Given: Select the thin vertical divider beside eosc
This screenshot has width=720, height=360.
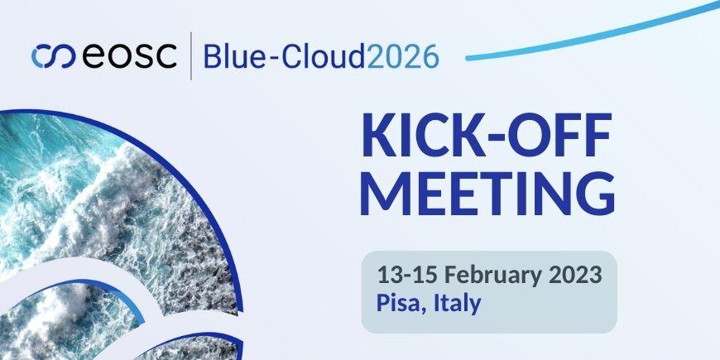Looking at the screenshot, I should (x=192, y=55).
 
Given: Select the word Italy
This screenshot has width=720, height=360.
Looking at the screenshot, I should (x=457, y=303).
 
